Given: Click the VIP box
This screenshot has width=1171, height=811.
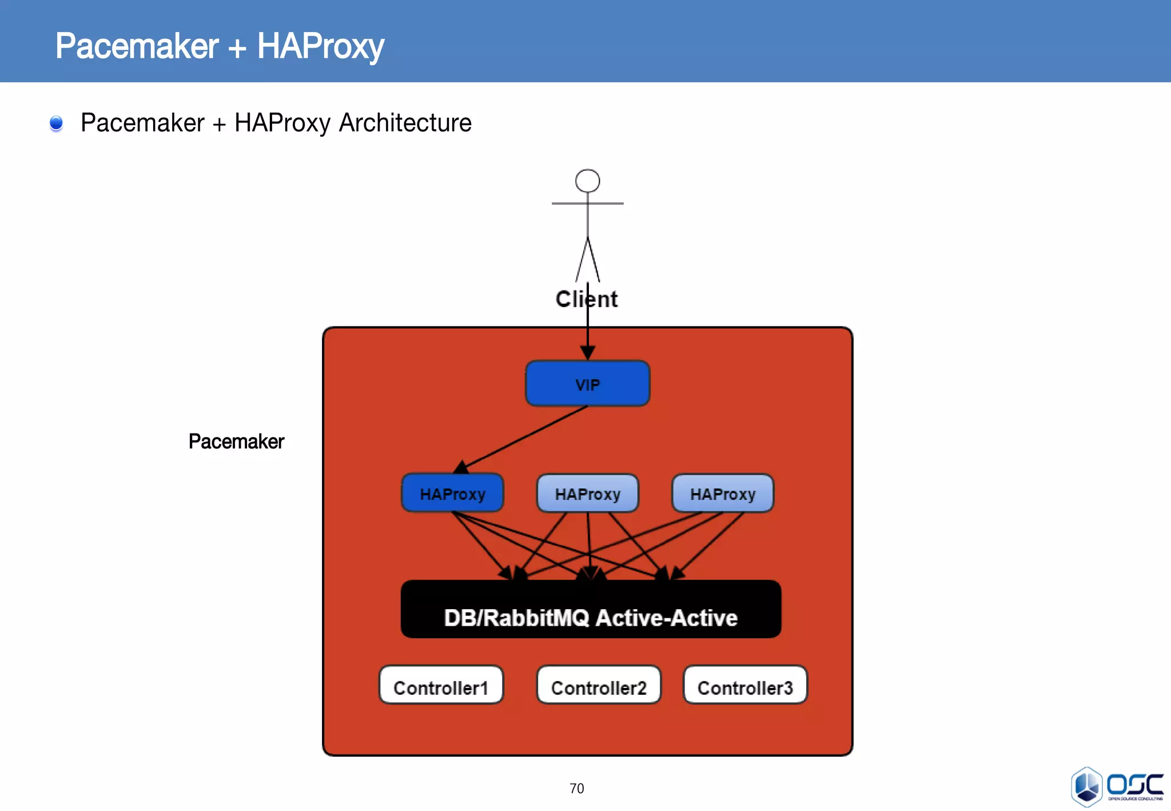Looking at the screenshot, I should (587, 384).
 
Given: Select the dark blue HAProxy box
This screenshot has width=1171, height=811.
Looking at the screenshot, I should (452, 493).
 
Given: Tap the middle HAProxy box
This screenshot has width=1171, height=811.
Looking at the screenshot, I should (587, 493).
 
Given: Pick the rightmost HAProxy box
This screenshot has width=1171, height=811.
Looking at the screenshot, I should (722, 493).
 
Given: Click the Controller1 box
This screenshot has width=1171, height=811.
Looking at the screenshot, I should (441, 685).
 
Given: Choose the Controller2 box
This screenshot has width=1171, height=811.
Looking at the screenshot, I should (599, 685).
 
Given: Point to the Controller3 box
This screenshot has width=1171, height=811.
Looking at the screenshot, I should (745, 685).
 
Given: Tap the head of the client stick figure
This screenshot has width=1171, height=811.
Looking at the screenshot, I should (587, 181).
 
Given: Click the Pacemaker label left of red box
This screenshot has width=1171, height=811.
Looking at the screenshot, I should (236, 442).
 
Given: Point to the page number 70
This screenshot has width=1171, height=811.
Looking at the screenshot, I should (576, 789).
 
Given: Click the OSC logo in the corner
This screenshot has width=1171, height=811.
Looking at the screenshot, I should (1117, 787).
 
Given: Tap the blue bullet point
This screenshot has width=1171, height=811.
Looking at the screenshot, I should (56, 123).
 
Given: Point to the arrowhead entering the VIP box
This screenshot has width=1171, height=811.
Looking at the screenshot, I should (587, 352).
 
